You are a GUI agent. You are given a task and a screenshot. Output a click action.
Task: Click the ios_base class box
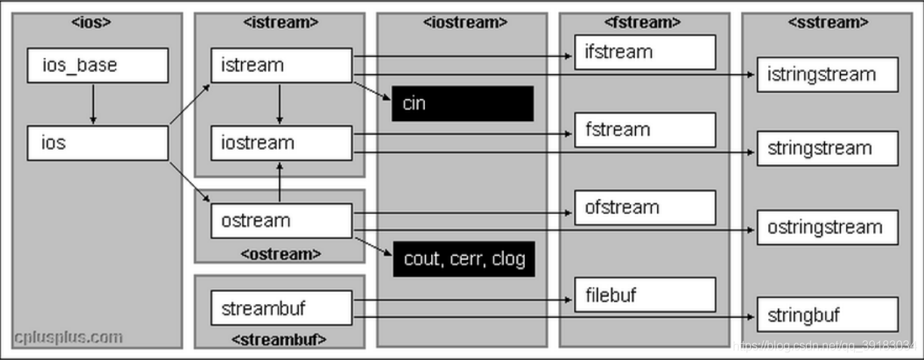[98, 66]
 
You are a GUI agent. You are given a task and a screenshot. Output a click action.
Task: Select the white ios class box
[98, 143]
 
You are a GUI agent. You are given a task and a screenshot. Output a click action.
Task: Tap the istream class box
[282, 66]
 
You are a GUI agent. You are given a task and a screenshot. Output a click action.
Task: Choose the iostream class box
[282, 143]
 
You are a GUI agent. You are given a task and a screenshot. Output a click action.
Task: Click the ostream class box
[282, 221]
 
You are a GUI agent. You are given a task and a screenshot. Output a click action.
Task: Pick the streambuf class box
[282, 308]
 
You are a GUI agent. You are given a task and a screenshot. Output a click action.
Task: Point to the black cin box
[463, 104]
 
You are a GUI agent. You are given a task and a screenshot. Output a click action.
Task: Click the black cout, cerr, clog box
[464, 259]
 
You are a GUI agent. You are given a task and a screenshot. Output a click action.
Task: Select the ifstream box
[645, 52]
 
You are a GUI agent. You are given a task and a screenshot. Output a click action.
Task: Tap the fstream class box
[645, 130]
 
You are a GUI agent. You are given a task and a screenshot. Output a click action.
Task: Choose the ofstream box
[645, 208]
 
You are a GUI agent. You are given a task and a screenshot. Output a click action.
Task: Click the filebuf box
[645, 295]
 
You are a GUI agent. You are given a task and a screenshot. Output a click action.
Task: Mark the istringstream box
[828, 75]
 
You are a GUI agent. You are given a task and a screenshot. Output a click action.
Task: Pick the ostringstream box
[828, 228]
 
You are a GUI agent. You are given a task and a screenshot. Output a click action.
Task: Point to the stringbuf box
[828, 314]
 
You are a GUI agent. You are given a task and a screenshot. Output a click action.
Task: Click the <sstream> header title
[828, 22]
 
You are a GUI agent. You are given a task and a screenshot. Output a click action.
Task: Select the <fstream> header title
[642, 22]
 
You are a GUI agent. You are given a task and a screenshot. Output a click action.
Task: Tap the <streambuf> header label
[279, 340]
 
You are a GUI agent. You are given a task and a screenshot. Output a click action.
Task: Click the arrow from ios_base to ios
[93, 104]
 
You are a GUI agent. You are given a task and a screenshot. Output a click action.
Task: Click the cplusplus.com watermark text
[69, 338]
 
